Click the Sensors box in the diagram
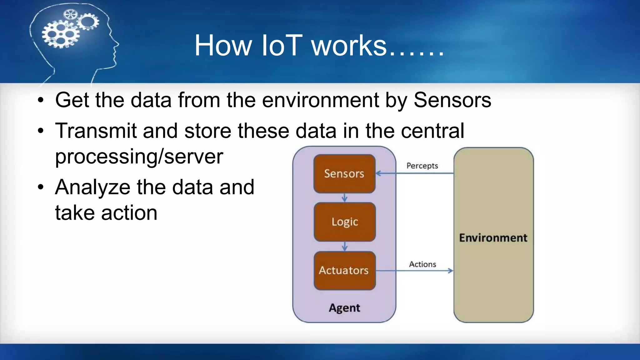coord(344,173)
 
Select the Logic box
coord(345,222)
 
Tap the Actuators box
coord(344,270)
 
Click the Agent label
coord(344,308)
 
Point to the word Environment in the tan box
coord(493,238)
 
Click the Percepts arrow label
coord(422,166)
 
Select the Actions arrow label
coord(422,264)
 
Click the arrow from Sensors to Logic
coord(344,197)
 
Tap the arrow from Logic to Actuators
coord(345,246)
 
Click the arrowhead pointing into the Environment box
coord(450,271)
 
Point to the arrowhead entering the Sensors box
coord(378,173)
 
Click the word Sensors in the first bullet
coord(452,100)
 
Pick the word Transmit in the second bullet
coord(96,131)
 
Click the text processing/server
coord(139,156)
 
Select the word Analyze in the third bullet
coord(92,187)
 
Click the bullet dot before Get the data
coord(41,101)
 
